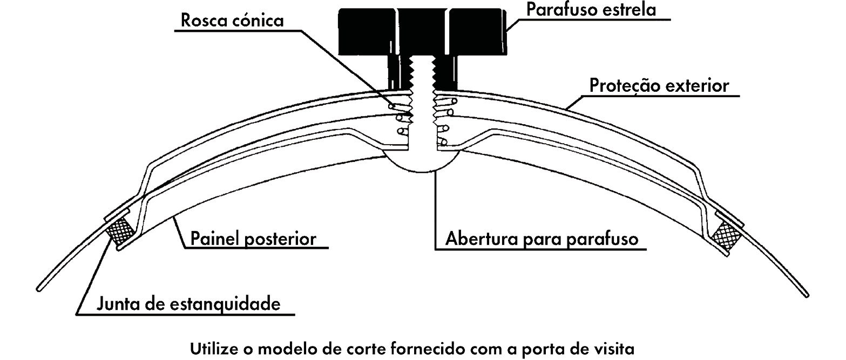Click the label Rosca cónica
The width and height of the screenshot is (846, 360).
pos(233,22)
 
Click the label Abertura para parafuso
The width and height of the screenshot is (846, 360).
pos(546,239)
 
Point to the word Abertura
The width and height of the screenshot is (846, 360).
pos(480,239)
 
